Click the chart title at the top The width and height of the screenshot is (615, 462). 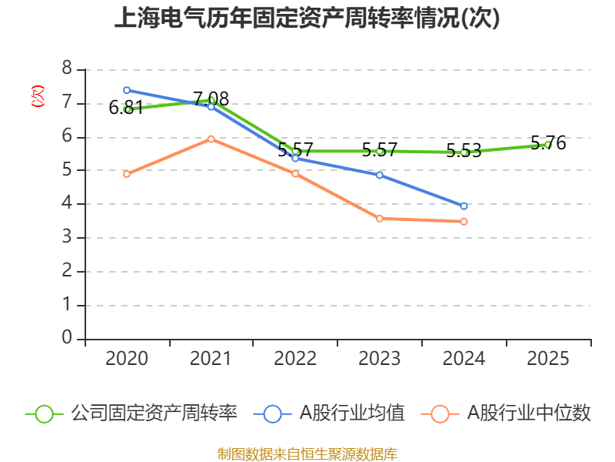click(307, 18)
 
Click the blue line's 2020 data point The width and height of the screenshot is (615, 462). click(127, 90)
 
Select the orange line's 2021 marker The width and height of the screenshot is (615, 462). click(211, 139)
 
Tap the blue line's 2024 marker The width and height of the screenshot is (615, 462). click(464, 206)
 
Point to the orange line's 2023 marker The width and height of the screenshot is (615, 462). click(380, 219)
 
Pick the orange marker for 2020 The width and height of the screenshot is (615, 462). click(127, 174)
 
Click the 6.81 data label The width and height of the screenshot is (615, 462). click(126, 107)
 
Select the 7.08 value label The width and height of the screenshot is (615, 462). click(211, 99)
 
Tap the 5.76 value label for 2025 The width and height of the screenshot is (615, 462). click(548, 142)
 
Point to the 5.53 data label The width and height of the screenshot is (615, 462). click(464, 150)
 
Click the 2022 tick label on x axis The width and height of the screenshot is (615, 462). click(295, 358)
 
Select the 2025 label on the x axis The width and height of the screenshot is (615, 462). click(548, 358)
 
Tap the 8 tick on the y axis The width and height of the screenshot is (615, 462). click(67, 68)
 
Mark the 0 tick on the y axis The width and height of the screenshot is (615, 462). click(67, 337)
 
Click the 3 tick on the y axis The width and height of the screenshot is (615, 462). click(67, 236)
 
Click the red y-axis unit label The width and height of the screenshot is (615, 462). click(38, 96)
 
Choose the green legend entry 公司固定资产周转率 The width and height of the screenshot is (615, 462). click(131, 413)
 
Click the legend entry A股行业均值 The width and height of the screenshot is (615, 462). click(329, 413)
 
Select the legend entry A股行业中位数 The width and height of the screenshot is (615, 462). click(506, 413)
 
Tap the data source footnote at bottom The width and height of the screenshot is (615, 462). click(307, 454)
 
